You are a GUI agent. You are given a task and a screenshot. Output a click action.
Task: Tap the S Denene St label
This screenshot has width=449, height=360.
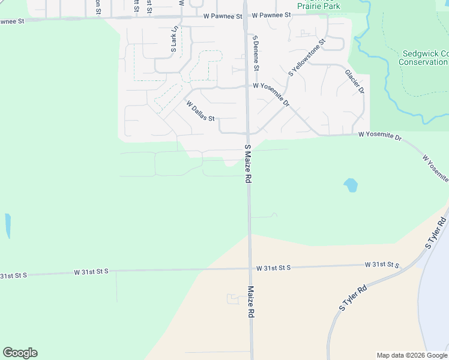pos(256,53)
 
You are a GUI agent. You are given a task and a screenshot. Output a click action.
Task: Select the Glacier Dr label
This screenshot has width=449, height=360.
pos(355,82)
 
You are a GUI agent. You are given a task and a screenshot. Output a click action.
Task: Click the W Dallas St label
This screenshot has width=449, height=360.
pos(200,111)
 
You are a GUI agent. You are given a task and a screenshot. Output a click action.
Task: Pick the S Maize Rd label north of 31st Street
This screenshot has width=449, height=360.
pos(247,164)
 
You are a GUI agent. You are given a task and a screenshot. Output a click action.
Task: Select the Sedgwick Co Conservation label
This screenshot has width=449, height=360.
pos(423,58)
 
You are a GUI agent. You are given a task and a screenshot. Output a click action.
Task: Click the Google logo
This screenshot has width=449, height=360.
pos(20,353)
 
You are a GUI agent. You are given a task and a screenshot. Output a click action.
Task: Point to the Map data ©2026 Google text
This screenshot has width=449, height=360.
pos(412,355)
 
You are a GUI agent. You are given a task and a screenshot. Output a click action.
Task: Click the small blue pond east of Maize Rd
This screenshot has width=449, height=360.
pos(351,185)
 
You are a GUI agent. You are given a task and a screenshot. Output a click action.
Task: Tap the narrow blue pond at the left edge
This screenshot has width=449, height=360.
pos(8,226)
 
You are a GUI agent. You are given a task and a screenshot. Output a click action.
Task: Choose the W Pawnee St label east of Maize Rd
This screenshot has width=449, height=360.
pos(271,15)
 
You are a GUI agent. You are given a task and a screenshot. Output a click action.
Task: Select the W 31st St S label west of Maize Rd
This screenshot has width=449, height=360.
pos(91,272)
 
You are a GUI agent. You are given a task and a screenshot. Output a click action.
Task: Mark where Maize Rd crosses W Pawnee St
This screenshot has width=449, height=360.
pos(245,16)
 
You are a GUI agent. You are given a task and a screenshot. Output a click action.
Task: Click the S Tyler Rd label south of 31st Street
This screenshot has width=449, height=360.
pos(352,298)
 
